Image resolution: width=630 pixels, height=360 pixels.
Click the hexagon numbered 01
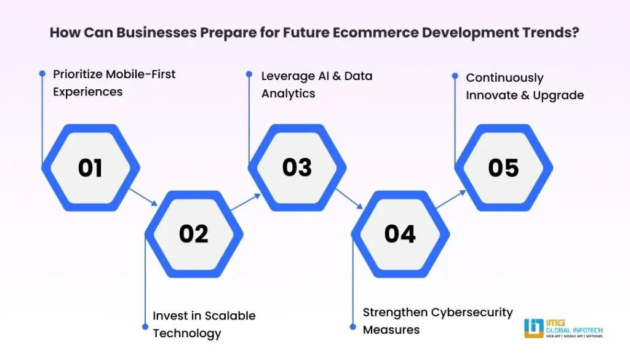(90, 168)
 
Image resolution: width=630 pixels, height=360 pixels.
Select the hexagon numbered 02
(194, 234)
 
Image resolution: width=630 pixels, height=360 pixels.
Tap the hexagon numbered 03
(297, 168)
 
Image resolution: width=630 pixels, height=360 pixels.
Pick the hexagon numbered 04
(400, 234)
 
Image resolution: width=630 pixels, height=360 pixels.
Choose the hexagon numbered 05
(503, 168)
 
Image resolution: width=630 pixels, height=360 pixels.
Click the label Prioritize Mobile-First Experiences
(114, 83)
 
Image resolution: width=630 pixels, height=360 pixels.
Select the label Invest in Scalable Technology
(204, 324)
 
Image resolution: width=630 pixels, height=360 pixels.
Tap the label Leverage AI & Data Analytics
(316, 85)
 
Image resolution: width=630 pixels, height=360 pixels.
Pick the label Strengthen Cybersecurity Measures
(437, 321)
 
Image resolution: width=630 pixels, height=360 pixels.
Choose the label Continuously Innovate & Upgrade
(524, 87)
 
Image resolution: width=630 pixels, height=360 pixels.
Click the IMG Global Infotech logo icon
(533, 328)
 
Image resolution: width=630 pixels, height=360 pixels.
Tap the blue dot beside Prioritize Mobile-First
(42, 74)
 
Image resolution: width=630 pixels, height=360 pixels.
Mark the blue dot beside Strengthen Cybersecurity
(353, 327)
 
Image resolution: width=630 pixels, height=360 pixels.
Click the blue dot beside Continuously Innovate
(455, 76)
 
